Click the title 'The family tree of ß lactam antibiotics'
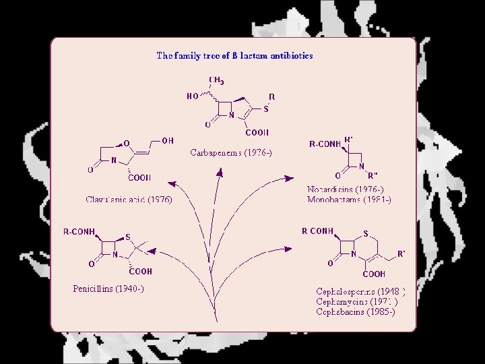tap(234, 56)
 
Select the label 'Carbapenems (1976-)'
tap(231, 153)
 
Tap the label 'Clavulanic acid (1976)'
tap(129, 200)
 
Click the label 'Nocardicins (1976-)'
tap(345, 190)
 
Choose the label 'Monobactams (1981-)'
tap(348, 200)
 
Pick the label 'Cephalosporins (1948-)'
tap(361, 292)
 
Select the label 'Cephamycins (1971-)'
tap(357, 302)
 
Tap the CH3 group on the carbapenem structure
tap(216, 81)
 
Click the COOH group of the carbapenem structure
tap(257, 133)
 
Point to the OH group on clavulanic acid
tap(168, 141)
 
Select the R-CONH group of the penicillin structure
tap(79, 231)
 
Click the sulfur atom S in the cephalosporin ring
tap(365, 235)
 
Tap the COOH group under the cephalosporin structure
tap(374, 274)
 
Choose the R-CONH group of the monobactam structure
tap(325, 144)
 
